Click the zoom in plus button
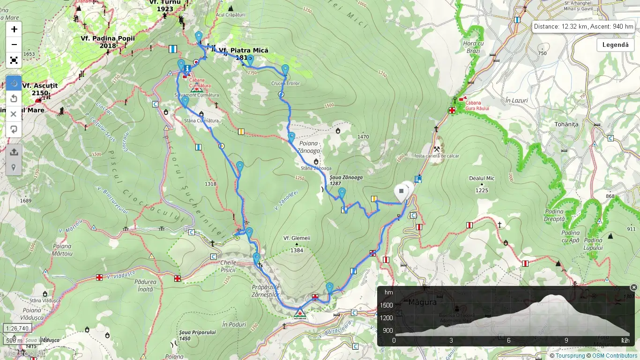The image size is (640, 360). click(x=14, y=29)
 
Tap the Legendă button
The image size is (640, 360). click(x=615, y=45)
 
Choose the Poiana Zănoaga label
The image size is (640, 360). click(x=308, y=147)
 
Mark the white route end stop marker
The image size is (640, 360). click(x=401, y=192)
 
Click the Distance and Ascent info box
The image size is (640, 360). click(x=583, y=27)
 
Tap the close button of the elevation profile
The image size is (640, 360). click(x=633, y=287)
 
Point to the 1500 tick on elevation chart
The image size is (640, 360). click(x=387, y=305)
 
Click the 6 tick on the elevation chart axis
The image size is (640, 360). click(x=508, y=340)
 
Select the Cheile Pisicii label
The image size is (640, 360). click(x=228, y=266)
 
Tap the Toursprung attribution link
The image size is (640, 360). click(x=570, y=356)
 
